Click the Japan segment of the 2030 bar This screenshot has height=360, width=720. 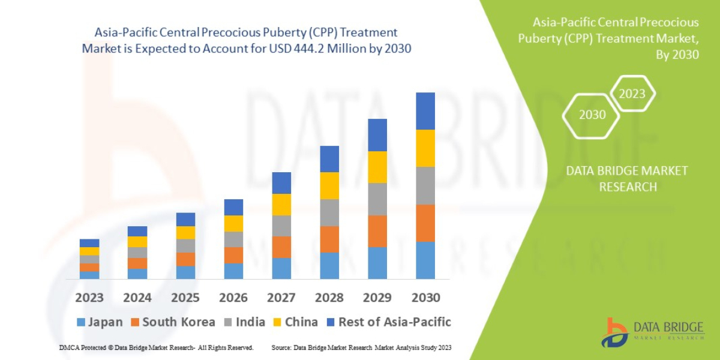tap(425, 260)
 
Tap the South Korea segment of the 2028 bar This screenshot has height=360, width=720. tap(329, 239)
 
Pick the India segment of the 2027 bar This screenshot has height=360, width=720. tap(281, 226)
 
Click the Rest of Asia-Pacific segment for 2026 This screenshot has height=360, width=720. tap(233, 207)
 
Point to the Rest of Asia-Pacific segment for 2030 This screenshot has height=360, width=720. tap(425, 111)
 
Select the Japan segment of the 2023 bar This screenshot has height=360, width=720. tap(89, 275)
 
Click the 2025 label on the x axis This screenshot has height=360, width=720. tap(185, 298)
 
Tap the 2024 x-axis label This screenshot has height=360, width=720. tap(137, 298)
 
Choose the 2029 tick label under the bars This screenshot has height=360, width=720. tap(377, 298)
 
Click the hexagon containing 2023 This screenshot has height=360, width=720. tap(632, 94)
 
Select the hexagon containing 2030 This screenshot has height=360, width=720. tap(592, 115)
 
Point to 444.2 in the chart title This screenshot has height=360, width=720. tap(310, 49)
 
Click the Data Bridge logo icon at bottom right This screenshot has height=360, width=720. tap(615, 332)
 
